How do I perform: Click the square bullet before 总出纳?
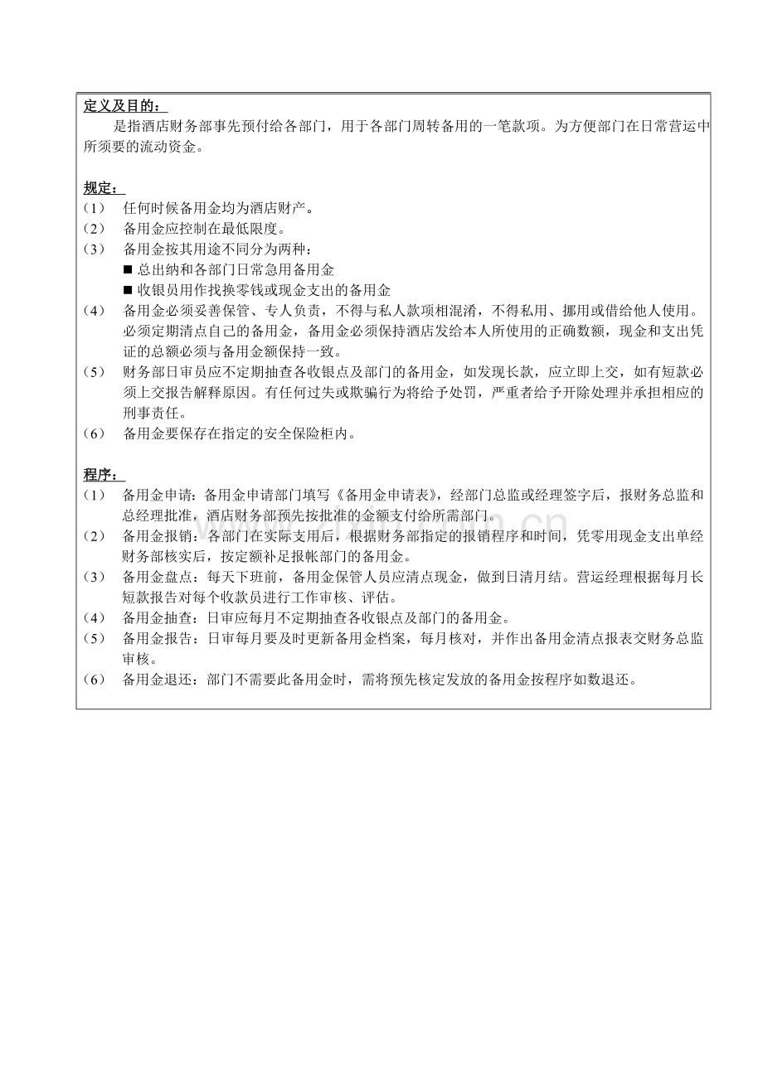point(128,270)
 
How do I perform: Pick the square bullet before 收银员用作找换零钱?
point(128,290)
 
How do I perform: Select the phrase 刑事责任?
point(149,413)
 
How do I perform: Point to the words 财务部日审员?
point(170,372)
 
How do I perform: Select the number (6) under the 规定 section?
point(94,433)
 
